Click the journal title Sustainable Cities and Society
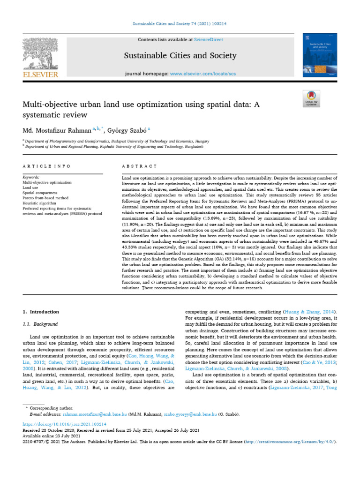click(180, 56)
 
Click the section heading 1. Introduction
click(41, 312)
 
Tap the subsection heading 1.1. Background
click(40, 324)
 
